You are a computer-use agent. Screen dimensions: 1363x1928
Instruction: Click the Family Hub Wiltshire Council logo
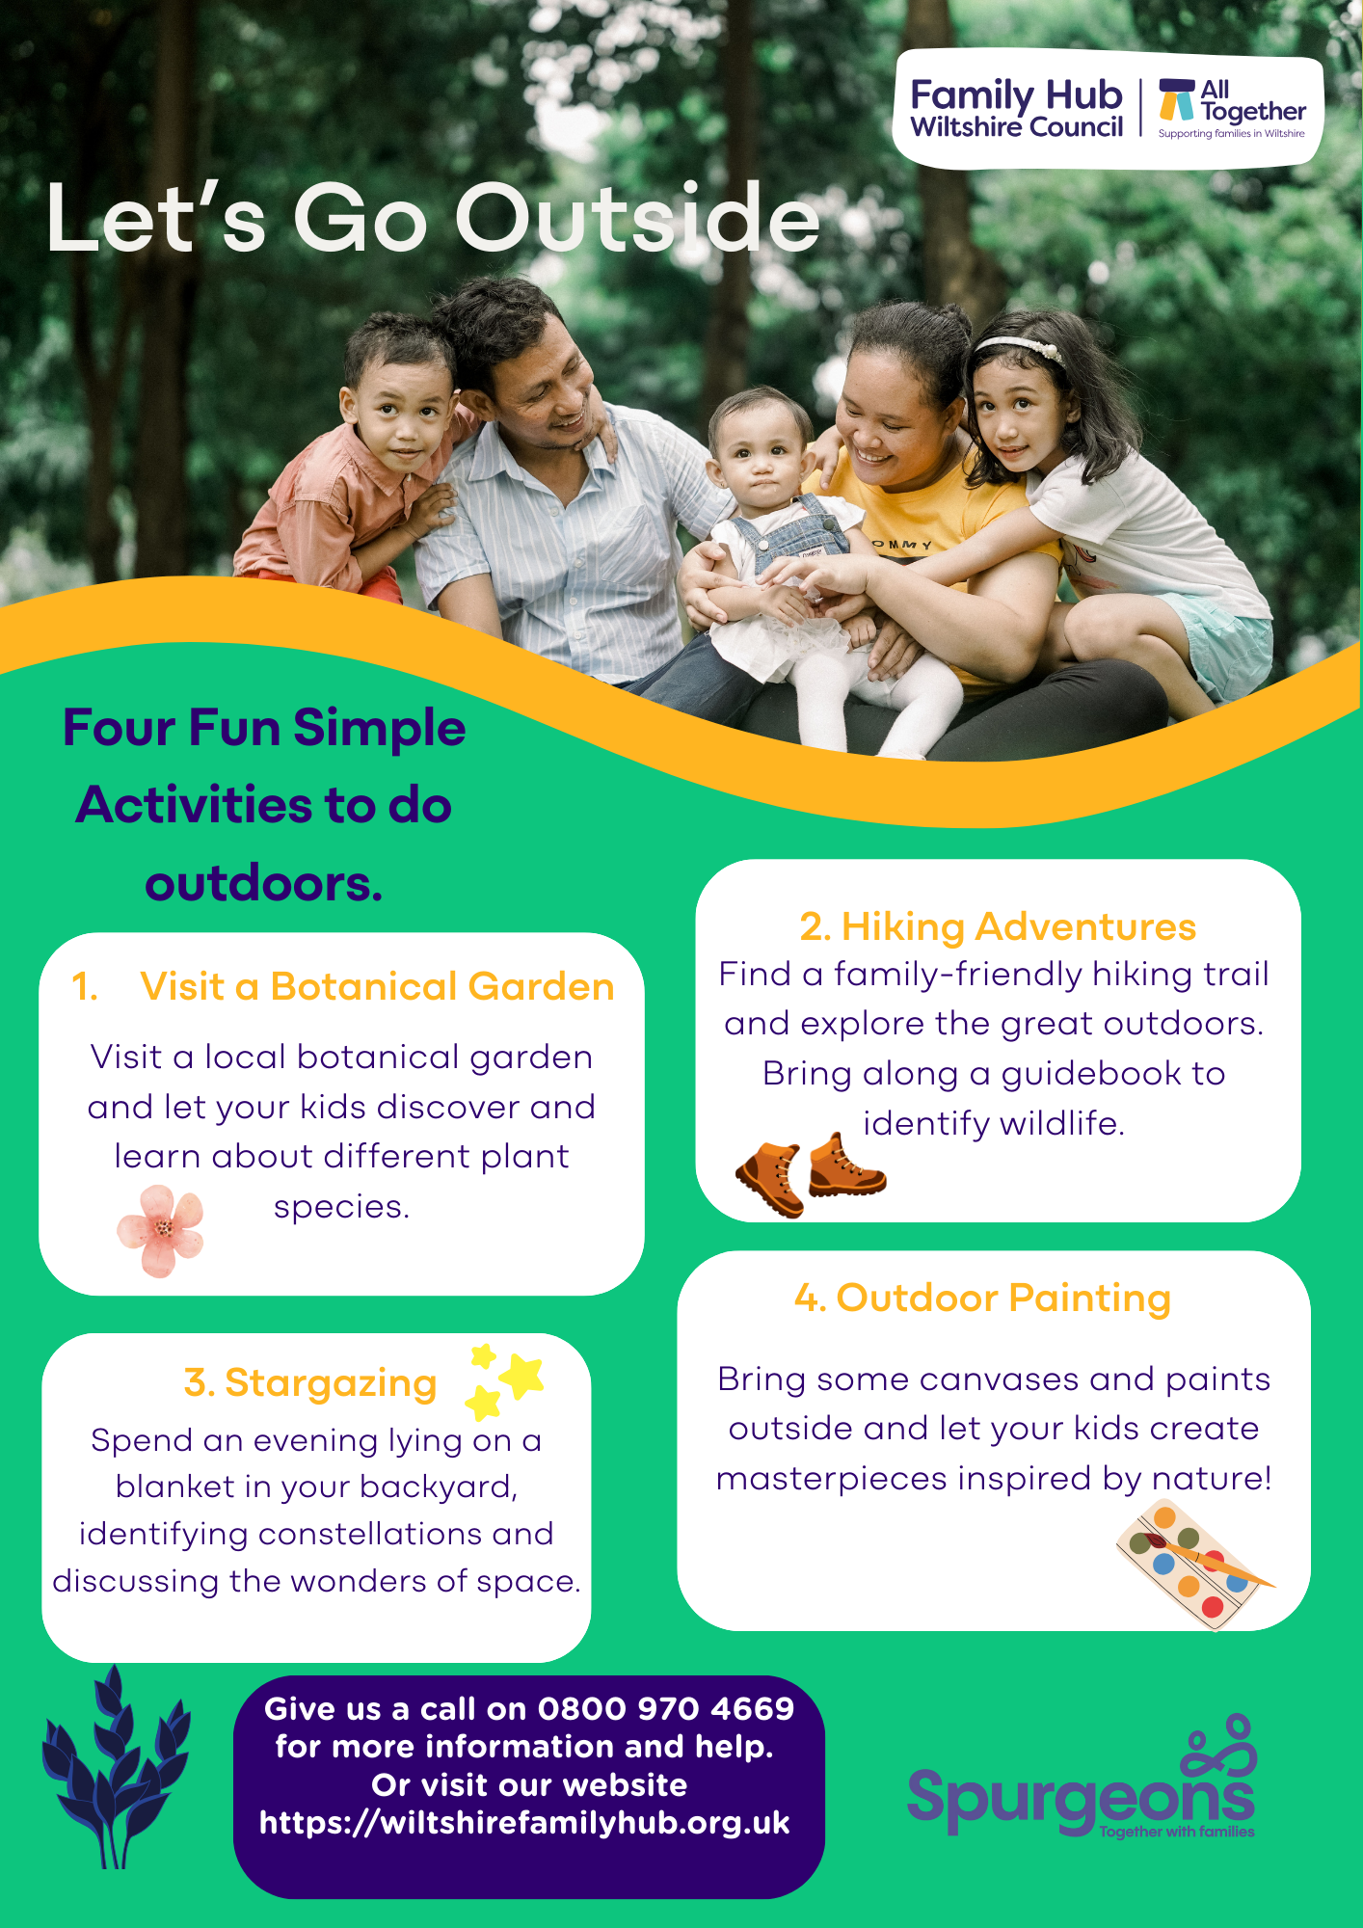(x=1017, y=109)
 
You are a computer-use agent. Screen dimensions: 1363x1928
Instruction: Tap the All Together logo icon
(x=1177, y=100)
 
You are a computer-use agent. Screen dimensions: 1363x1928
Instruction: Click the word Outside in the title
(x=637, y=218)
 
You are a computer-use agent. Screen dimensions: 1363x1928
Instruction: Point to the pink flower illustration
(x=161, y=1231)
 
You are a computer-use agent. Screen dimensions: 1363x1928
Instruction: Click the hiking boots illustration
(x=810, y=1174)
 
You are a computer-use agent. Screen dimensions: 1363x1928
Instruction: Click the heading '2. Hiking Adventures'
(x=998, y=926)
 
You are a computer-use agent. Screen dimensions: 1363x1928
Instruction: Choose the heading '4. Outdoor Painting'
(x=982, y=1299)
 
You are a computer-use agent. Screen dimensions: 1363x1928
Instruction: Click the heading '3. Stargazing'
(x=310, y=1383)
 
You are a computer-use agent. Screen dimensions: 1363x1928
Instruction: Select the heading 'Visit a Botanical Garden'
(x=377, y=986)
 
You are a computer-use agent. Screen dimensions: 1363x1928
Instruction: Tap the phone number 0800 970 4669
(x=666, y=1709)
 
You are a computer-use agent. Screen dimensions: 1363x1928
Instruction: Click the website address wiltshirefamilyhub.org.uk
(x=524, y=1823)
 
